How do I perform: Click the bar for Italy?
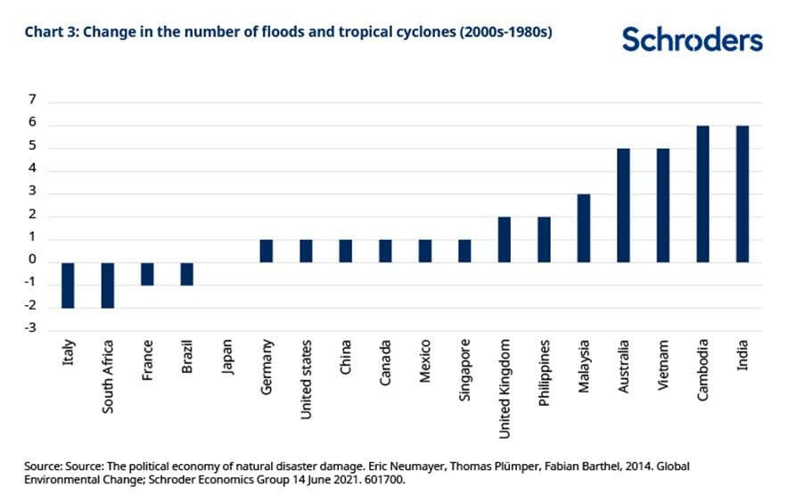coord(68,285)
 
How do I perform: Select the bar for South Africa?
coord(108,285)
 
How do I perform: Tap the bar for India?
coord(743,194)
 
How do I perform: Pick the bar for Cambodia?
coord(702,194)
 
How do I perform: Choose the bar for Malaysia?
coord(584,227)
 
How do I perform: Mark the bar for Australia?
coord(623,205)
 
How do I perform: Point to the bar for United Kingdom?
coord(505,239)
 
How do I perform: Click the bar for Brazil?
coord(187,273)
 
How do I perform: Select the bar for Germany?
coord(267,251)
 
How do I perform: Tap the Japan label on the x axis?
coord(228,357)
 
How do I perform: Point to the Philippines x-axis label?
coord(545,372)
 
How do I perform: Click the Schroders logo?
coord(692,40)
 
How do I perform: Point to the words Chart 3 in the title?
coord(48,33)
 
